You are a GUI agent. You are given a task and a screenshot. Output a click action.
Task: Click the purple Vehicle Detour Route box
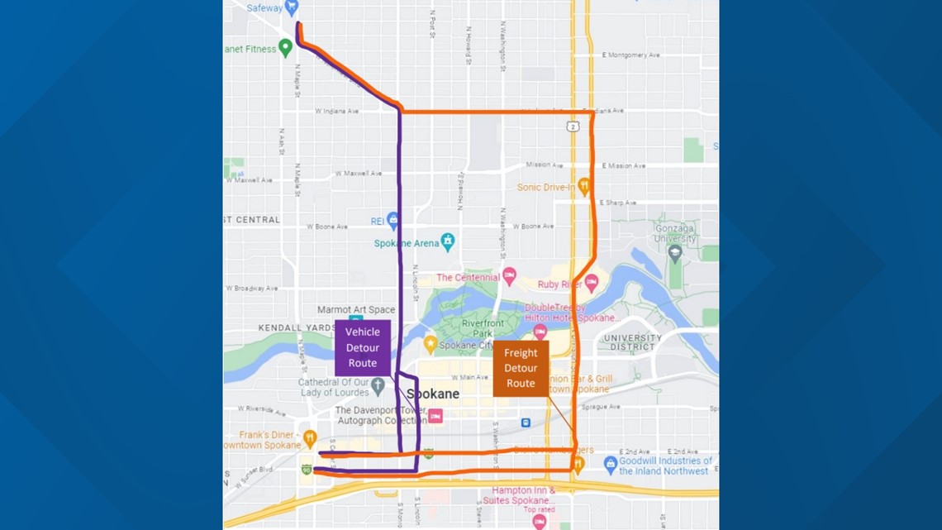click(362, 348)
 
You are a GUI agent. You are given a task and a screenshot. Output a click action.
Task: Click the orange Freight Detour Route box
click(521, 368)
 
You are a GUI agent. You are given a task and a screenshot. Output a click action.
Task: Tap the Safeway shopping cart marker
click(292, 8)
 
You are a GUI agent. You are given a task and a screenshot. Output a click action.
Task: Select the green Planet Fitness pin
click(285, 47)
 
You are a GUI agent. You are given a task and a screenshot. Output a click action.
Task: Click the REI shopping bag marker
click(393, 220)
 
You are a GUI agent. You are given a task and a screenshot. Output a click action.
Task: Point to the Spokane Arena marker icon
click(447, 241)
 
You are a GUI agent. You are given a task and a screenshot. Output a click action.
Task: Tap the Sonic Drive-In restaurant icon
click(584, 186)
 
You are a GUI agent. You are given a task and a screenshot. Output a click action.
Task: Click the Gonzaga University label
click(675, 234)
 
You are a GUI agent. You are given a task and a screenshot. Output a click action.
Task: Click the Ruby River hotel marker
click(592, 284)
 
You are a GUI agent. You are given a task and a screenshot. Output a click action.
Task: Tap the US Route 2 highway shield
click(573, 127)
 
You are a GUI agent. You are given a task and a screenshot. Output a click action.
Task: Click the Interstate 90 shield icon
click(307, 470)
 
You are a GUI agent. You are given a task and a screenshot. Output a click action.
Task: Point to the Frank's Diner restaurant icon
click(310, 437)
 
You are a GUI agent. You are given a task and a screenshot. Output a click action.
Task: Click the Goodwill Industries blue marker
click(610, 464)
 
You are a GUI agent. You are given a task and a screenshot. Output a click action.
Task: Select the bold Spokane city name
click(431, 394)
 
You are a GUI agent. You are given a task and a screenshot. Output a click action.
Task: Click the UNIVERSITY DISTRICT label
click(632, 342)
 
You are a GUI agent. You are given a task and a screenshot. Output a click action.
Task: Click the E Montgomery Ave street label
click(631, 55)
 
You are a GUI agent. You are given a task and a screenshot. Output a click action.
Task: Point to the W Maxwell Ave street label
click(359, 174)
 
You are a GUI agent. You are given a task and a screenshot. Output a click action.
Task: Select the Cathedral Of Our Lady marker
click(378, 385)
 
